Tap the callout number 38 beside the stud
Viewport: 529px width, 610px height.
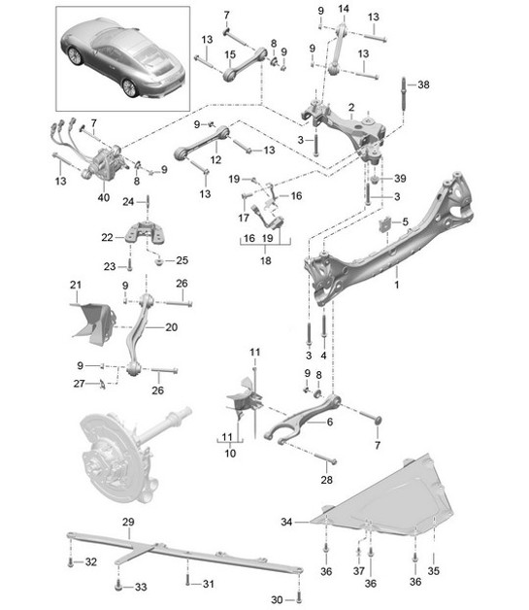coord(423,85)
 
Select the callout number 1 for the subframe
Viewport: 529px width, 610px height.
coord(396,288)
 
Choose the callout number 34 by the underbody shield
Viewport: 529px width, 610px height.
coord(286,523)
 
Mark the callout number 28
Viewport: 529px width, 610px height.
coord(326,481)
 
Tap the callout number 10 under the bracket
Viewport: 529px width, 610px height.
coord(230,454)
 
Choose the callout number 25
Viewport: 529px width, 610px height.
coord(182,259)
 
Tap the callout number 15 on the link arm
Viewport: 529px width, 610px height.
coord(230,54)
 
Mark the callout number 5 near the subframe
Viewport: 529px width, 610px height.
coord(406,222)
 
